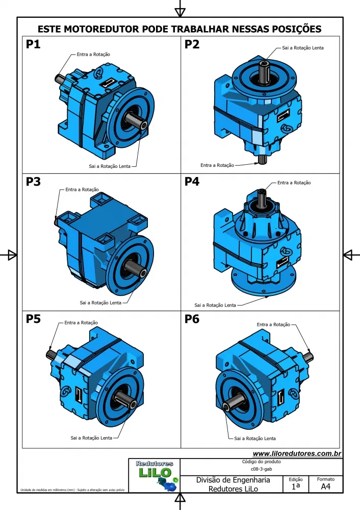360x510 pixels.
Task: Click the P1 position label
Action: pyautogui.click(x=33, y=45)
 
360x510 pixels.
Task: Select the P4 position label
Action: pyautogui.click(x=192, y=182)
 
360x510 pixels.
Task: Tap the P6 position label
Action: pyautogui.click(x=192, y=320)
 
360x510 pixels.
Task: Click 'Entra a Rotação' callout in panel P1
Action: pyautogui.click(x=93, y=54)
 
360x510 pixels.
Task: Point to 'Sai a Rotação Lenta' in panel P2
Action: pyautogui.click(x=302, y=48)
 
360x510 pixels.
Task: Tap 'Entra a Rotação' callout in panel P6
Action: pyautogui.click(x=273, y=324)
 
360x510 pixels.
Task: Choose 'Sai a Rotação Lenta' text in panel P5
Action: pyautogui.click(x=91, y=438)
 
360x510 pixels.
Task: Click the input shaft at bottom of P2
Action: pyautogui.click(x=262, y=159)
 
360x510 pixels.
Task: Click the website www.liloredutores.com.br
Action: pyautogui.click(x=297, y=454)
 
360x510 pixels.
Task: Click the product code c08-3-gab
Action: pyautogui.click(x=261, y=469)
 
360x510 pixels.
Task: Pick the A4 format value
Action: pyautogui.click(x=325, y=487)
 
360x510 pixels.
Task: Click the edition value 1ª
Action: pyautogui.click(x=295, y=487)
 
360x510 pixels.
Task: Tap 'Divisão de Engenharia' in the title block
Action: pyautogui.click(x=233, y=480)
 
